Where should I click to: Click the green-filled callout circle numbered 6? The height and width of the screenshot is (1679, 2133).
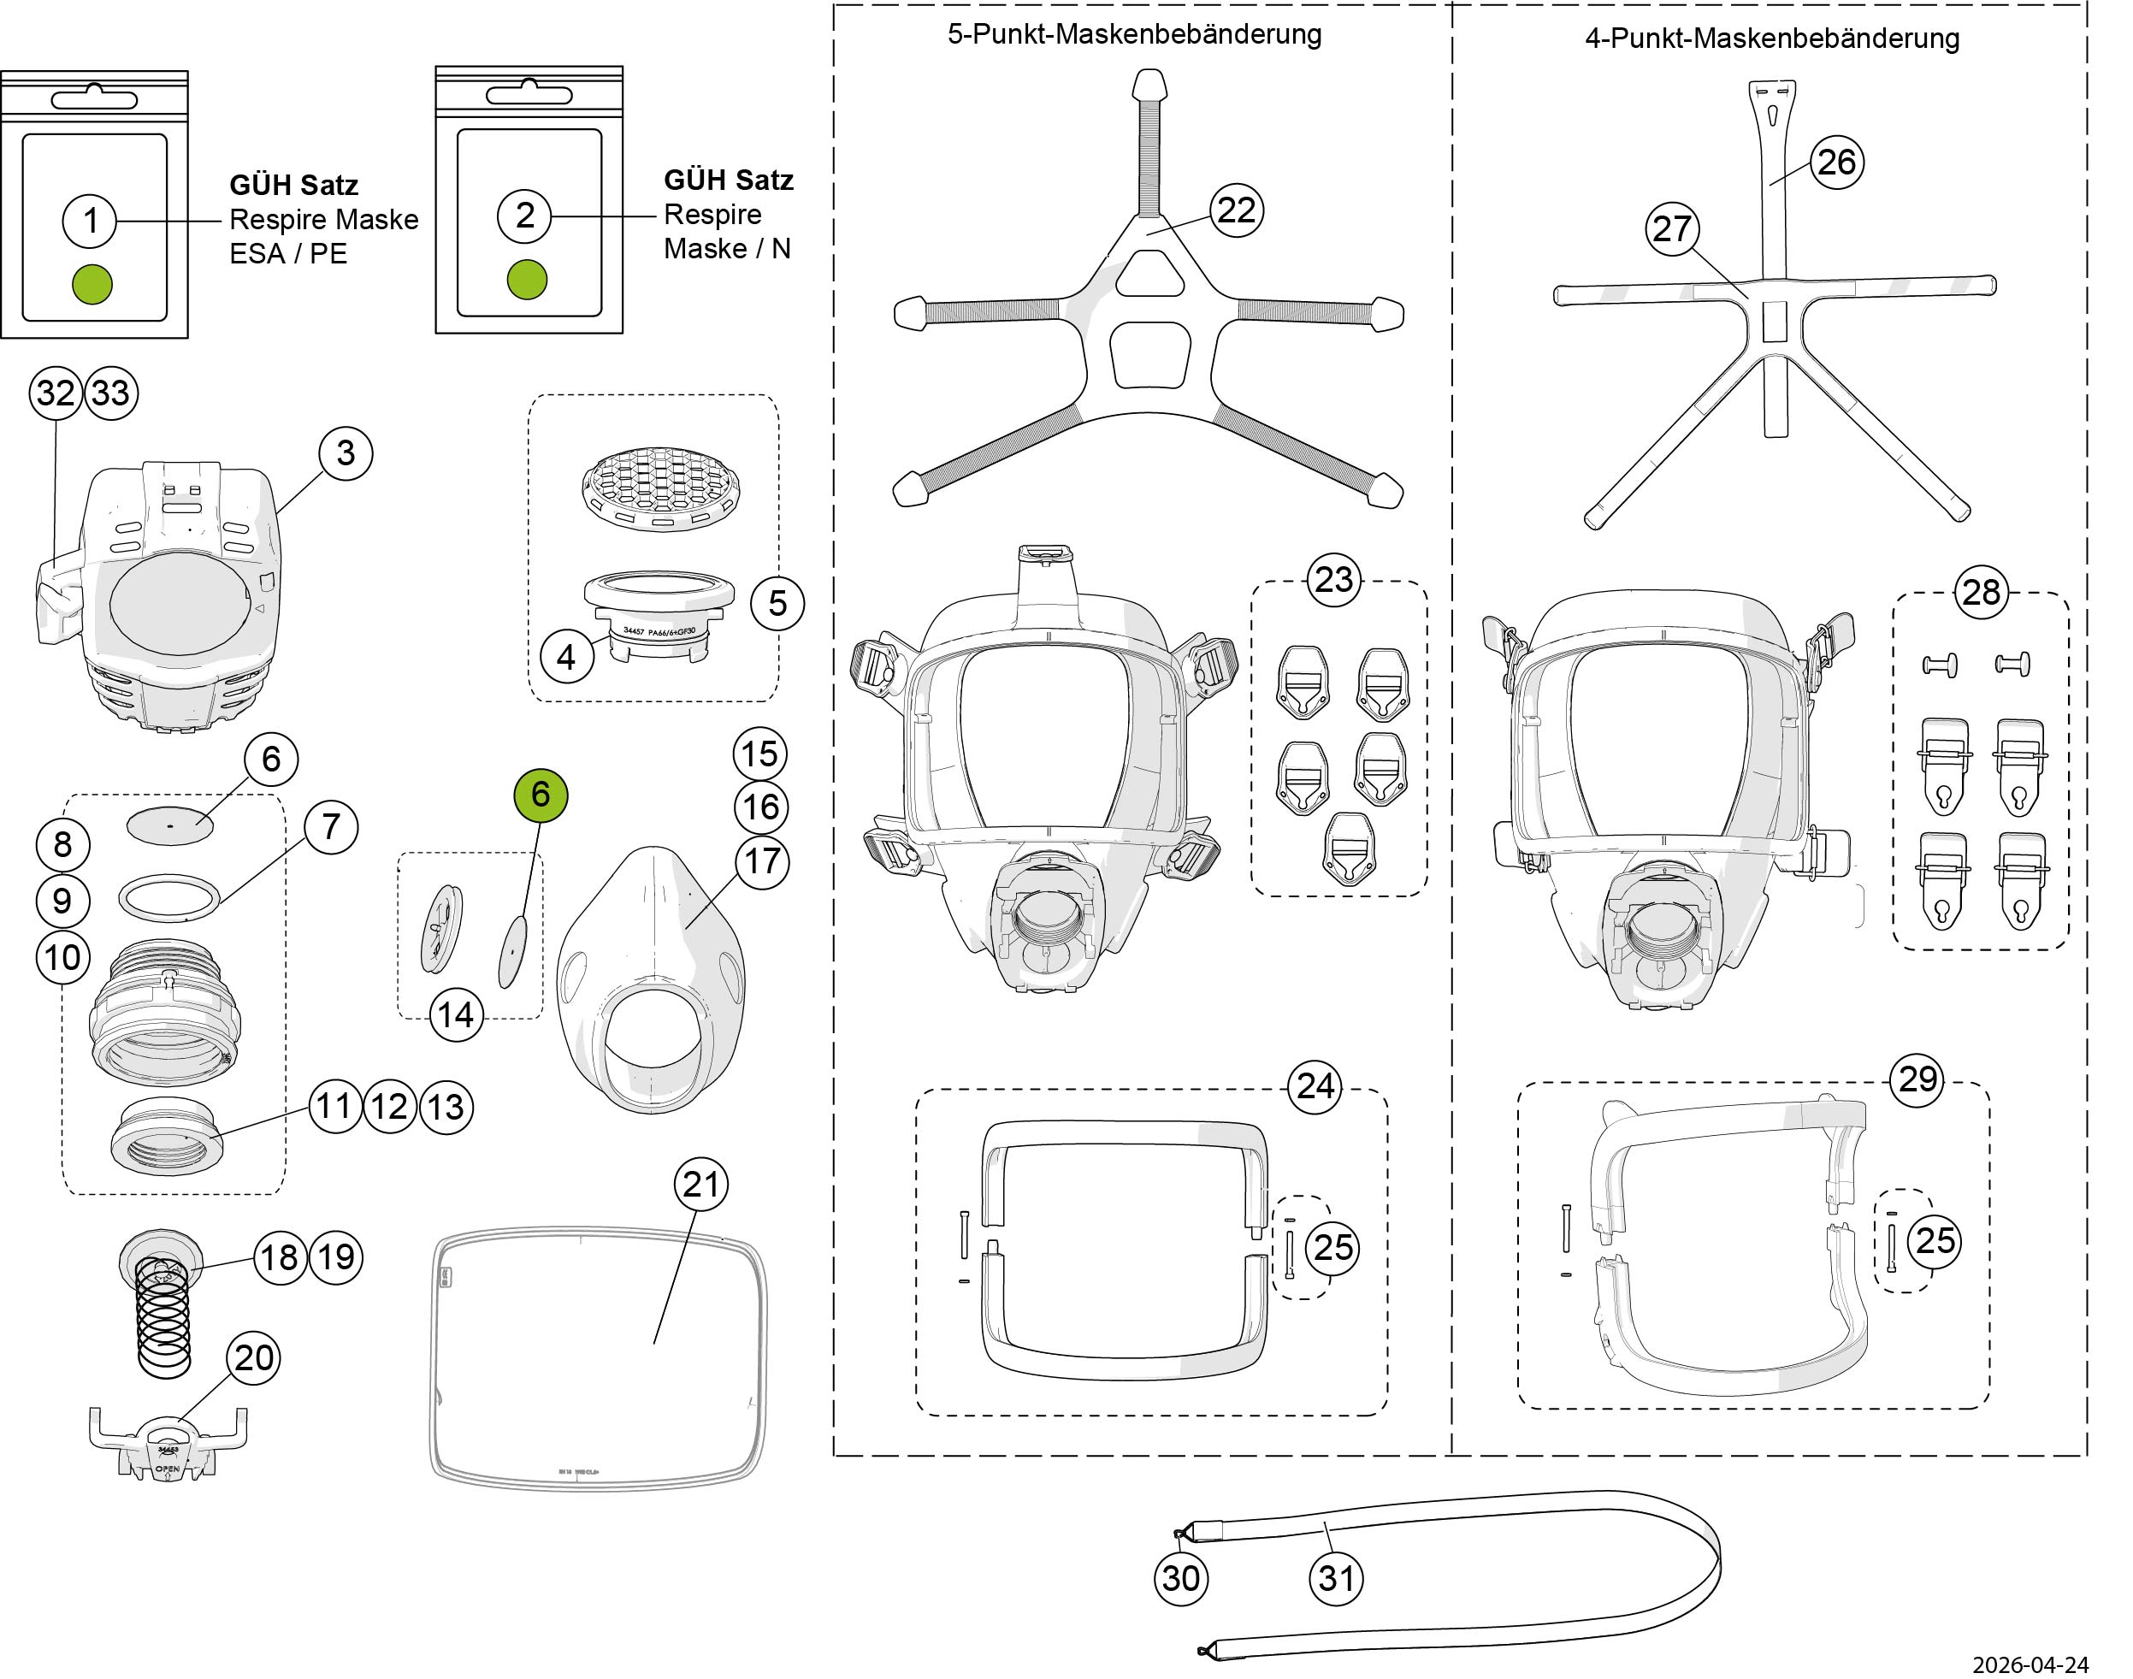(541, 795)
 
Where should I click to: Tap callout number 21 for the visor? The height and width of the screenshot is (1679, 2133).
(700, 1184)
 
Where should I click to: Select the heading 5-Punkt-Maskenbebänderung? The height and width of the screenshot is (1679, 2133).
(1134, 34)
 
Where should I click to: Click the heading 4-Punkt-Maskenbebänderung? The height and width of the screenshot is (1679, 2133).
(1771, 39)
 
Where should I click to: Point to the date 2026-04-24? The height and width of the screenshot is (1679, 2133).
(2042, 1664)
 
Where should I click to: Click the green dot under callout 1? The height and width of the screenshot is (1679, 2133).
(92, 284)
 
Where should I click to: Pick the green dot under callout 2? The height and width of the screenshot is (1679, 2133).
(527, 281)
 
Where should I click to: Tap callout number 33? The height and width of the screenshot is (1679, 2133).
(111, 393)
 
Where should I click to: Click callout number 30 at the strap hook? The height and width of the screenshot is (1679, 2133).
(1180, 1578)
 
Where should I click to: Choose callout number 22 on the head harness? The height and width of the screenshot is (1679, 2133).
(1237, 210)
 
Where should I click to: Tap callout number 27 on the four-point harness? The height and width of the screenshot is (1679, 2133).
(1672, 229)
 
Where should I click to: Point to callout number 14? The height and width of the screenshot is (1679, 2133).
(456, 1014)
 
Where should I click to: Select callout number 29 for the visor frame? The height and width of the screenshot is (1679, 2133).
(1917, 1079)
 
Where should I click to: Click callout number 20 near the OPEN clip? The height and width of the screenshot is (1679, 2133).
(254, 1357)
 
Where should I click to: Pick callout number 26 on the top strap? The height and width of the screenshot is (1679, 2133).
(1836, 163)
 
